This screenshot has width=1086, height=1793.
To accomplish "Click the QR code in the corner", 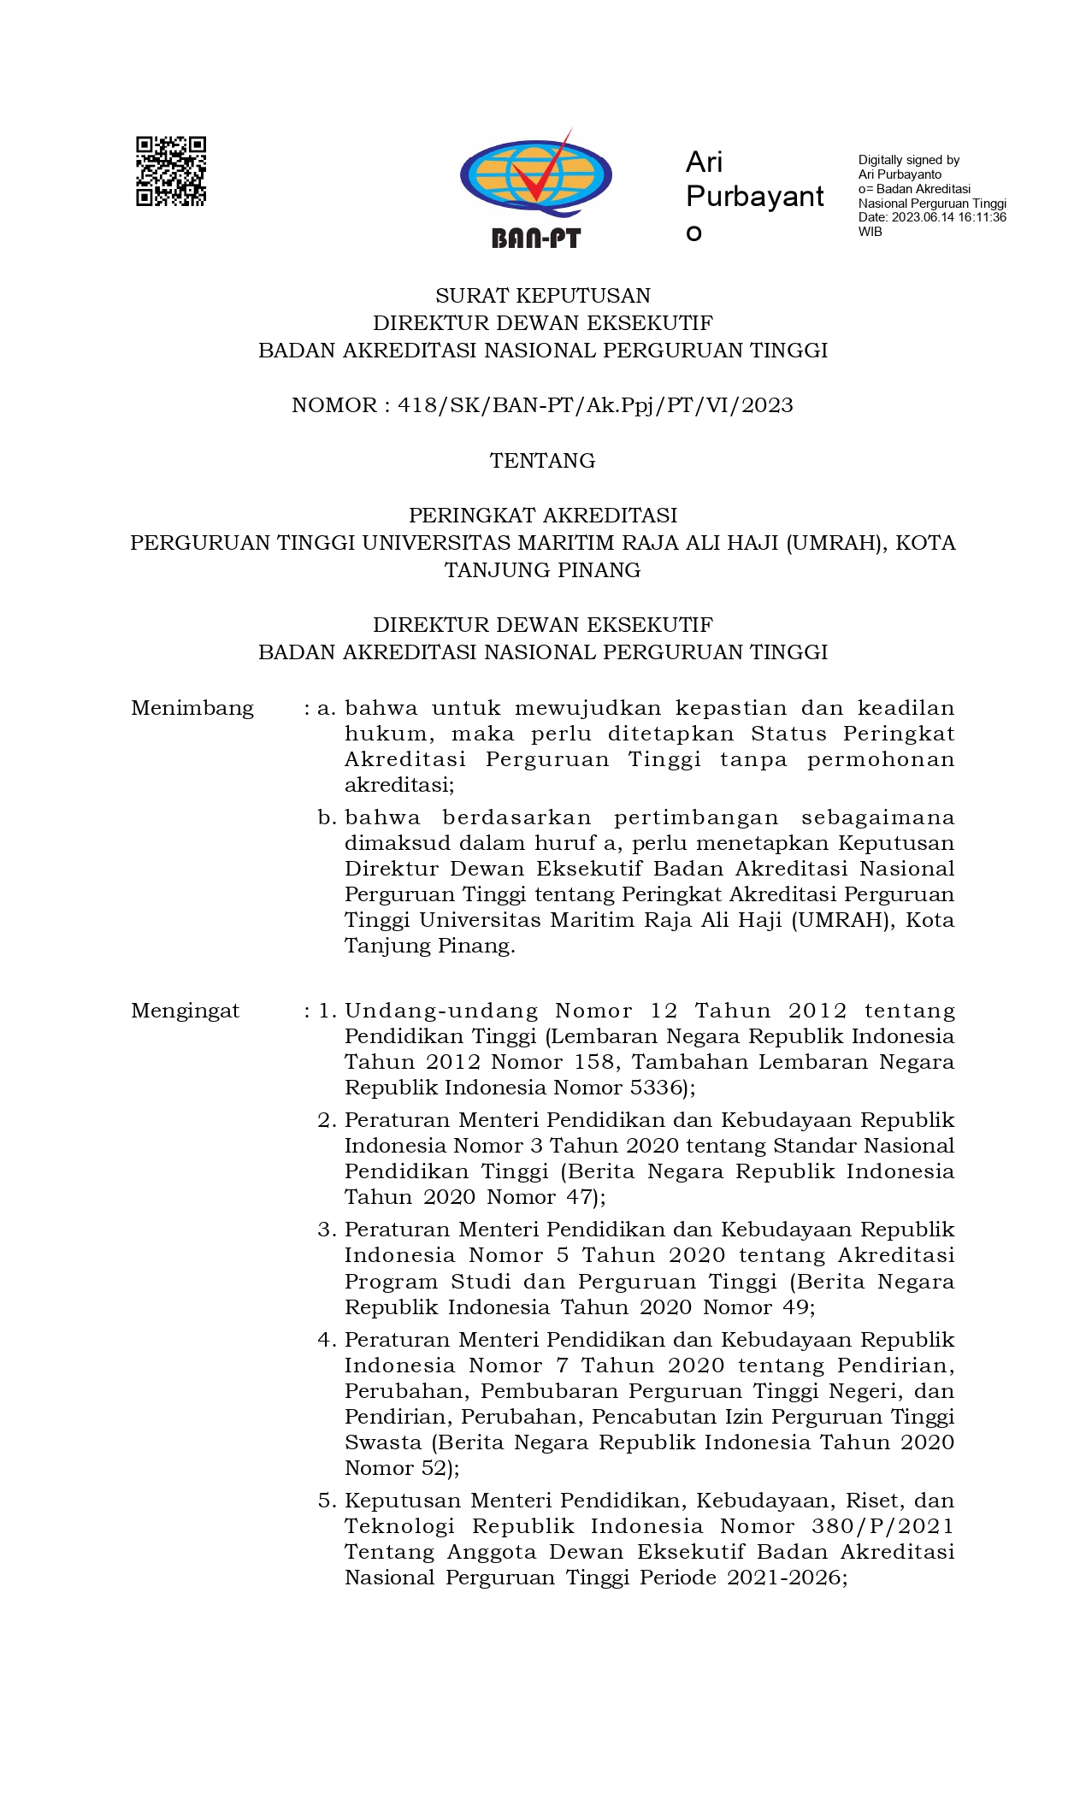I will (171, 171).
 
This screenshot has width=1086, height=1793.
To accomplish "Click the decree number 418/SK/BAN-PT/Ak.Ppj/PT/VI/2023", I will (595, 405).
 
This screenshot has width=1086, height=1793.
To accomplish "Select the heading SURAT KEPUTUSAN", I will (543, 296).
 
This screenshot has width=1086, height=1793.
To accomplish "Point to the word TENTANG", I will (543, 461).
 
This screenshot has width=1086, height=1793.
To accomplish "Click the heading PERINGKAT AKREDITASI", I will (543, 516).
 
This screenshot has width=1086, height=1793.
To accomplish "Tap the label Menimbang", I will (192, 708).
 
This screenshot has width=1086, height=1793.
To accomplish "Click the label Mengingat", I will (186, 1011).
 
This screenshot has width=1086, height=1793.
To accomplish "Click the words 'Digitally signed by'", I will (909, 160).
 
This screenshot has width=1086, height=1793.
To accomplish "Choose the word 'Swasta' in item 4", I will (383, 1442).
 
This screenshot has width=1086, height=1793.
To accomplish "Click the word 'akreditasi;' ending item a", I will (399, 785).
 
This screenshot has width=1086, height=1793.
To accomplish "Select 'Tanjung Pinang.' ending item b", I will (430, 946).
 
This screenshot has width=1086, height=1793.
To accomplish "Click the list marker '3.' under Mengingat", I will (328, 1230).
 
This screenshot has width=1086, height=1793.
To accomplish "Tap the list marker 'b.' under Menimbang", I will (327, 817).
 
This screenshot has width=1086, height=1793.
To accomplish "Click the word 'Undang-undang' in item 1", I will (441, 1011).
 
